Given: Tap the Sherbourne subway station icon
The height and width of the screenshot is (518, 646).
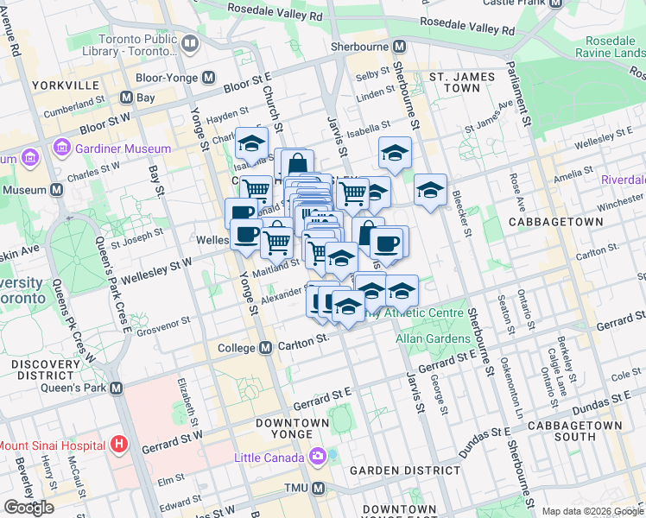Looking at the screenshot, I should (x=399, y=47).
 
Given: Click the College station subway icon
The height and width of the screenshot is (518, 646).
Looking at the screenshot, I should (x=266, y=347).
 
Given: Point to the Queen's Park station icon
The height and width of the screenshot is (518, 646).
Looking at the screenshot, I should (x=116, y=388).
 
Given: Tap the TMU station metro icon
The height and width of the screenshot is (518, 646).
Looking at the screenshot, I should (x=318, y=489).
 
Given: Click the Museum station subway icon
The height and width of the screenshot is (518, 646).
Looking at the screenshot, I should (x=56, y=189).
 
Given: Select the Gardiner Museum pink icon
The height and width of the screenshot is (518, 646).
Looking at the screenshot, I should (x=61, y=148).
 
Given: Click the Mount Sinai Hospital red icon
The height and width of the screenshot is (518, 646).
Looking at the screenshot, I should (x=120, y=445).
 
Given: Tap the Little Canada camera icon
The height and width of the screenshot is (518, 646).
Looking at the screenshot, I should (x=318, y=455).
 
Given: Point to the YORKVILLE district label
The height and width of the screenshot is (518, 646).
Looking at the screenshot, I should (x=65, y=85).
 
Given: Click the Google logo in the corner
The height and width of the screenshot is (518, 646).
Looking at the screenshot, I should (x=28, y=507).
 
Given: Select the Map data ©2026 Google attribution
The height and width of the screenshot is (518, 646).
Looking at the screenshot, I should (x=592, y=511).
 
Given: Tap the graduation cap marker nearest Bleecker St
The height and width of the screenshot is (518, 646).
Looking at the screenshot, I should (x=430, y=190).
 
